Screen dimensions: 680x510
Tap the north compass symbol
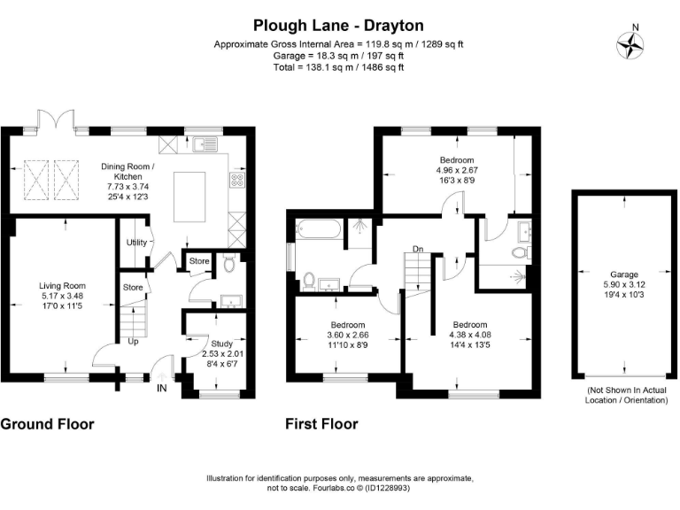[x=631, y=43]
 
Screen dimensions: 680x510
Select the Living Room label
[x=62, y=285]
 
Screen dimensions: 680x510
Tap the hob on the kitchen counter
[x=236, y=181]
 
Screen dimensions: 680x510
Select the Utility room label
[x=136, y=242]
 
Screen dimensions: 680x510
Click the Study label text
[x=222, y=344]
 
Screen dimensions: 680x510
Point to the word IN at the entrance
[x=162, y=388]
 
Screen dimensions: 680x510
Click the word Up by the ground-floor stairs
[x=134, y=340]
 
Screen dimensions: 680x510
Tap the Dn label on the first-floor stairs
[x=417, y=249]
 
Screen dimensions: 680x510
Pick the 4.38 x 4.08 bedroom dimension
[x=469, y=335]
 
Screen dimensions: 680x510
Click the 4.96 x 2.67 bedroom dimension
[x=457, y=170]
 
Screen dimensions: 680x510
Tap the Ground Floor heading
[x=47, y=424]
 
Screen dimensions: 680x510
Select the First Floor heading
[x=321, y=424]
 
